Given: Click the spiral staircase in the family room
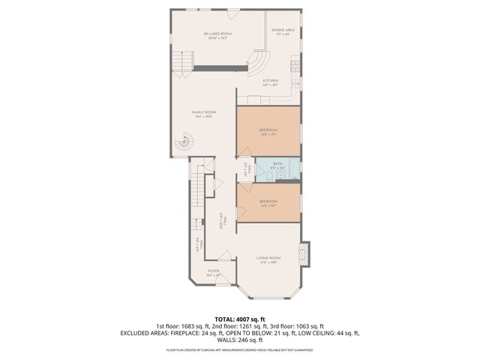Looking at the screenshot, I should [x=184, y=140].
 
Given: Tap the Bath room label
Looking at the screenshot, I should [x=277, y=165].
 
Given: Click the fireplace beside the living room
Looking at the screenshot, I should [x=304, y=252].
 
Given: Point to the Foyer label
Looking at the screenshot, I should [x=214, y=272].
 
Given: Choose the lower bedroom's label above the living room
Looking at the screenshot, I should [x=268, y=200].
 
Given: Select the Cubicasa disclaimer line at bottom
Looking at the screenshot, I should [x=240, y=349].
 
